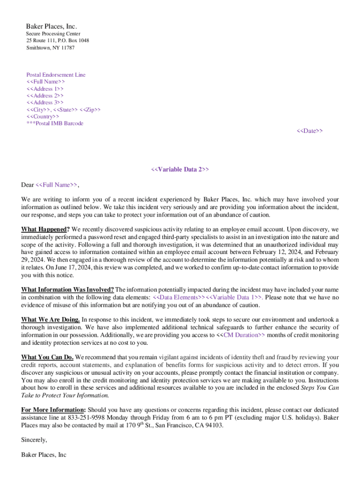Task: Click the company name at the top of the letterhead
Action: (x=51, y=26)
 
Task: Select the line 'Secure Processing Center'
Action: (x=53, y=34)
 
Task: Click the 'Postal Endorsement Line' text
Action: (x=56, y=75)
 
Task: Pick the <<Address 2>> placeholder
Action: (x=45, y=95)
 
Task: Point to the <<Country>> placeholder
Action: (x=43, y=116)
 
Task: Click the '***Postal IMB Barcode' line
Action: (x=55, y=123)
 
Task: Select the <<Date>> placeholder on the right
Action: (x=310, y=131)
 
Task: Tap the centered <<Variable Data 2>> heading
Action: (x=180, y=169)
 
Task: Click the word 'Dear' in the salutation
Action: (x=28, y=185)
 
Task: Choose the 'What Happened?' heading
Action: (x=45, y=229)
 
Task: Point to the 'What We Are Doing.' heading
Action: (x=50, y=319)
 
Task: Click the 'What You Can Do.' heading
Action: (x=47, y=357)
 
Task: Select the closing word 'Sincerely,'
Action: (x=34, y=440)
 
